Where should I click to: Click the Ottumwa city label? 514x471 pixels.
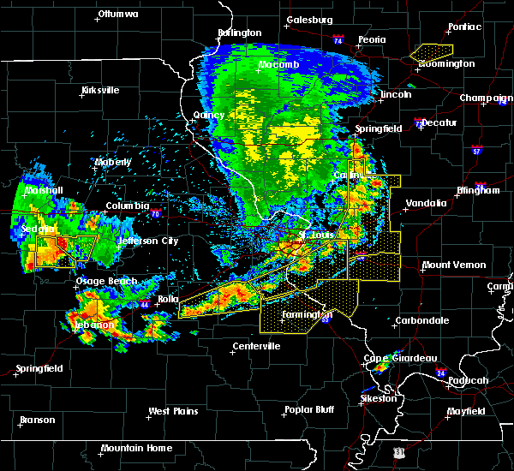[x=118, y=15]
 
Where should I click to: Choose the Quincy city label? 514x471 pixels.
[x=208, y=116]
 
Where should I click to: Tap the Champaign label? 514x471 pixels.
[x=486, y=98]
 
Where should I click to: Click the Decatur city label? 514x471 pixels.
[x=439, y=122]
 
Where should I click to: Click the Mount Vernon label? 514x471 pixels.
[x=454, y=265]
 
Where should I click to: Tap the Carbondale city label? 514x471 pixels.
[x=421, y=320]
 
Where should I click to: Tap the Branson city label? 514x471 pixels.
[x=38, y=420]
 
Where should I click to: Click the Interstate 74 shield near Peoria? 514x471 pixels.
[x=338, y=40]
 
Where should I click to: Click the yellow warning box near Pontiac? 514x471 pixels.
[x=431, y=53]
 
